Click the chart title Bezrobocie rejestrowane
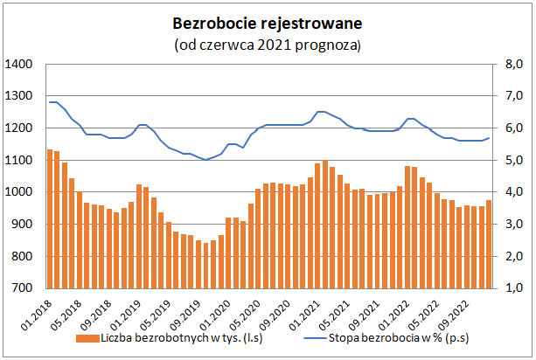coord(268,21)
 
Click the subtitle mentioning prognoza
coord(268,43)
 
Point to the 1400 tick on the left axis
coord(18,65)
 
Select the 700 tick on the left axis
coord(22,287)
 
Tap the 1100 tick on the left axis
coord(18,160)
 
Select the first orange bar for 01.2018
coord(50,218)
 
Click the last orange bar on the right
coord(489,244)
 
